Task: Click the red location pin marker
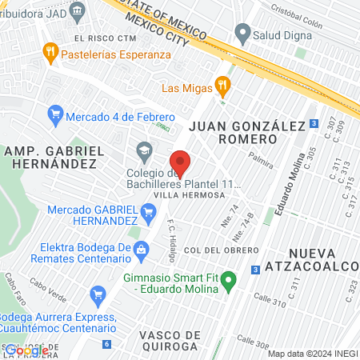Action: pyautogui.click(x=181, y=162)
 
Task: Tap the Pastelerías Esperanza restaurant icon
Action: pyautogui.click(x=50, y=54)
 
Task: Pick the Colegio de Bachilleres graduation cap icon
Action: pyautogui.click(x=145, y=150)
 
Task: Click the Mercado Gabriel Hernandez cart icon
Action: pyautogui.click(x=147, y=212)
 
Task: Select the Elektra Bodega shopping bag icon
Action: pyautogui.click(x=141, y=248)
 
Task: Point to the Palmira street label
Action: pyautogui.click(x=261, y=159)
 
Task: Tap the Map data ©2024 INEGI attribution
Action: pyautogui.click(x=312, y=354)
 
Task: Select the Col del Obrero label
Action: pyautogui.click(x=213, y=250)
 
